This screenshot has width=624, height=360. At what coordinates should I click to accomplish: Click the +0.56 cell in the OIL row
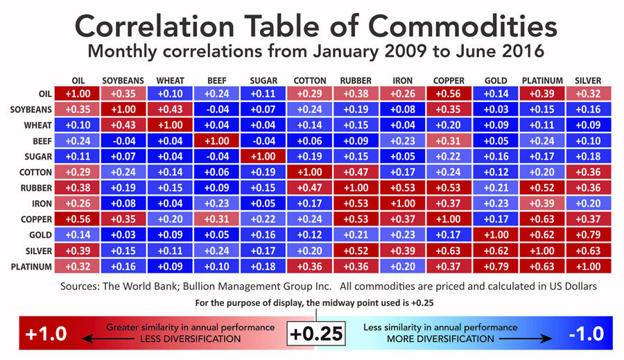coord(449,94)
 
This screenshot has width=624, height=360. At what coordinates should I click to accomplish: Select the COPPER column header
coord(449,80)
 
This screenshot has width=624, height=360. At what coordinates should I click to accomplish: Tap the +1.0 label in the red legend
coord(46,334)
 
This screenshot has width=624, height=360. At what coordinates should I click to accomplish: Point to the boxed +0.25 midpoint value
coord(315,334)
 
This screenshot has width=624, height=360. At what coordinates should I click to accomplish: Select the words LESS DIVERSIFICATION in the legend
coord(191,339)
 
